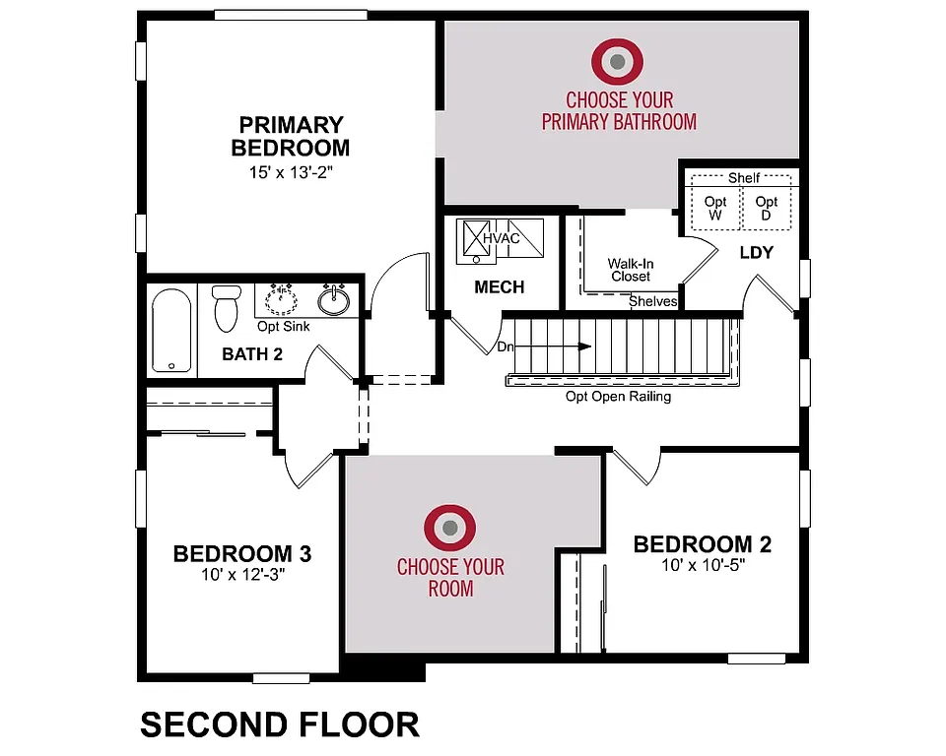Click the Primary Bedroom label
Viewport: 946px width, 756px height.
(x=291, y=137)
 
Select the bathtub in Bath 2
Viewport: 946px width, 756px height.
(x=171, y=330)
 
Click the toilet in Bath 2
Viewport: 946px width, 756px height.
(x=227, y=307)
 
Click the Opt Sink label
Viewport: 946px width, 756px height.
(x=283, y=326)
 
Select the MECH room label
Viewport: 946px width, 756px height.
(x=500, y=287)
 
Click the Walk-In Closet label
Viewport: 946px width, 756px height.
(x=630, y=270)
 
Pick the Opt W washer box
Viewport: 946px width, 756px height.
(x=715, y=208)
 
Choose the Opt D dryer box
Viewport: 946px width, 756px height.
(x=765, y=208)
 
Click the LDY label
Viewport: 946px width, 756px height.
(x=757, y=253)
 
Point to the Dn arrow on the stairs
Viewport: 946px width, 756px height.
(x=552, y=346)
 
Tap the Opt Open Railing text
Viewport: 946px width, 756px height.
(x=618, y=397)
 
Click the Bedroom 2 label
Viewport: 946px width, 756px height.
(x=702, y=544)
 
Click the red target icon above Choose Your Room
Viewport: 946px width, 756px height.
(x=450, y=529)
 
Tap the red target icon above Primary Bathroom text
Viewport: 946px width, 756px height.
(x=618, y=62)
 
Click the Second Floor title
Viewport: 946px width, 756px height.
(x=280, y=724)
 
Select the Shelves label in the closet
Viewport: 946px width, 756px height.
(x=653, y=301)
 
